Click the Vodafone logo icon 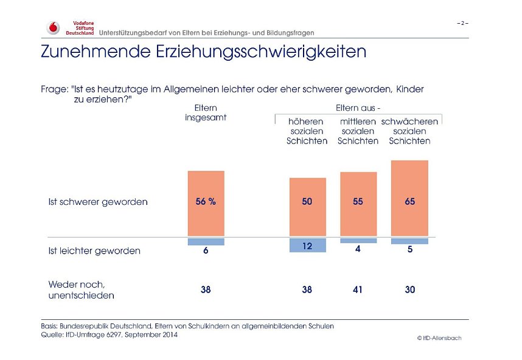pyautogui.click(x=54, y=27)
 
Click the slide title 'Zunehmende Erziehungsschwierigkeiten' pyautogui.click(x=203, y=52)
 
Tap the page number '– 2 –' pyautogui.click(x=462, y=23)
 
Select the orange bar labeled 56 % pyautogui.click(x=206, y=203)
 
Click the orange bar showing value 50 pyautogui.click(x=307, y=207)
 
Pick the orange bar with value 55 pyautogui.click(x=358, y=204)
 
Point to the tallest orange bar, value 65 pyautogui.click(x=409, y=198)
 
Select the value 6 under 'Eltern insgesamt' pyautogui.click(x=206, y=251)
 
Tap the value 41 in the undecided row pyautogui.click(x=358, y=290)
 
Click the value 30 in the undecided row pyautogui.click(x=409, y=290)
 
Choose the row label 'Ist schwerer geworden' pyautogui.click(x=97, y=202)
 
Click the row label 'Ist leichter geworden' pyautogui.click(x=94, y=251)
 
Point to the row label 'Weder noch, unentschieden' pyautogui.click(x=81, y=289)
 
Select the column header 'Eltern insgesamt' pyautogui.click(x=206, y=112)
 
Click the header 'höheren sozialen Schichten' pyautogui.click(x=307, y=131)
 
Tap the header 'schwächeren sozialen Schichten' pyautogui.click(x=409, y=131)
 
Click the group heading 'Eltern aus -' pyautogui.click(x=358, y=108)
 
